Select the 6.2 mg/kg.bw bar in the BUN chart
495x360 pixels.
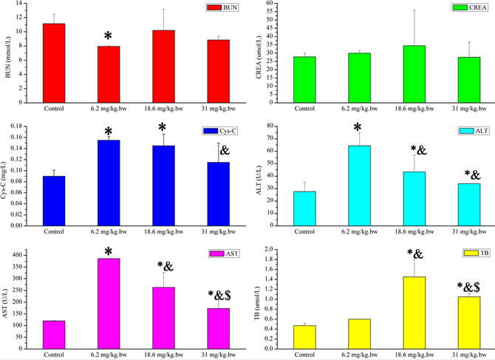click(x=109, y=73)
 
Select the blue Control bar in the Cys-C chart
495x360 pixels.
click(x=54, y=200)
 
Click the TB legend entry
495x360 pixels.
click(x=466, y=252)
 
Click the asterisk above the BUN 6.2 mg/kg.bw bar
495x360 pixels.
click(x=108, y=36)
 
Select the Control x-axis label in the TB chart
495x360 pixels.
click(x=304, y=354)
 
